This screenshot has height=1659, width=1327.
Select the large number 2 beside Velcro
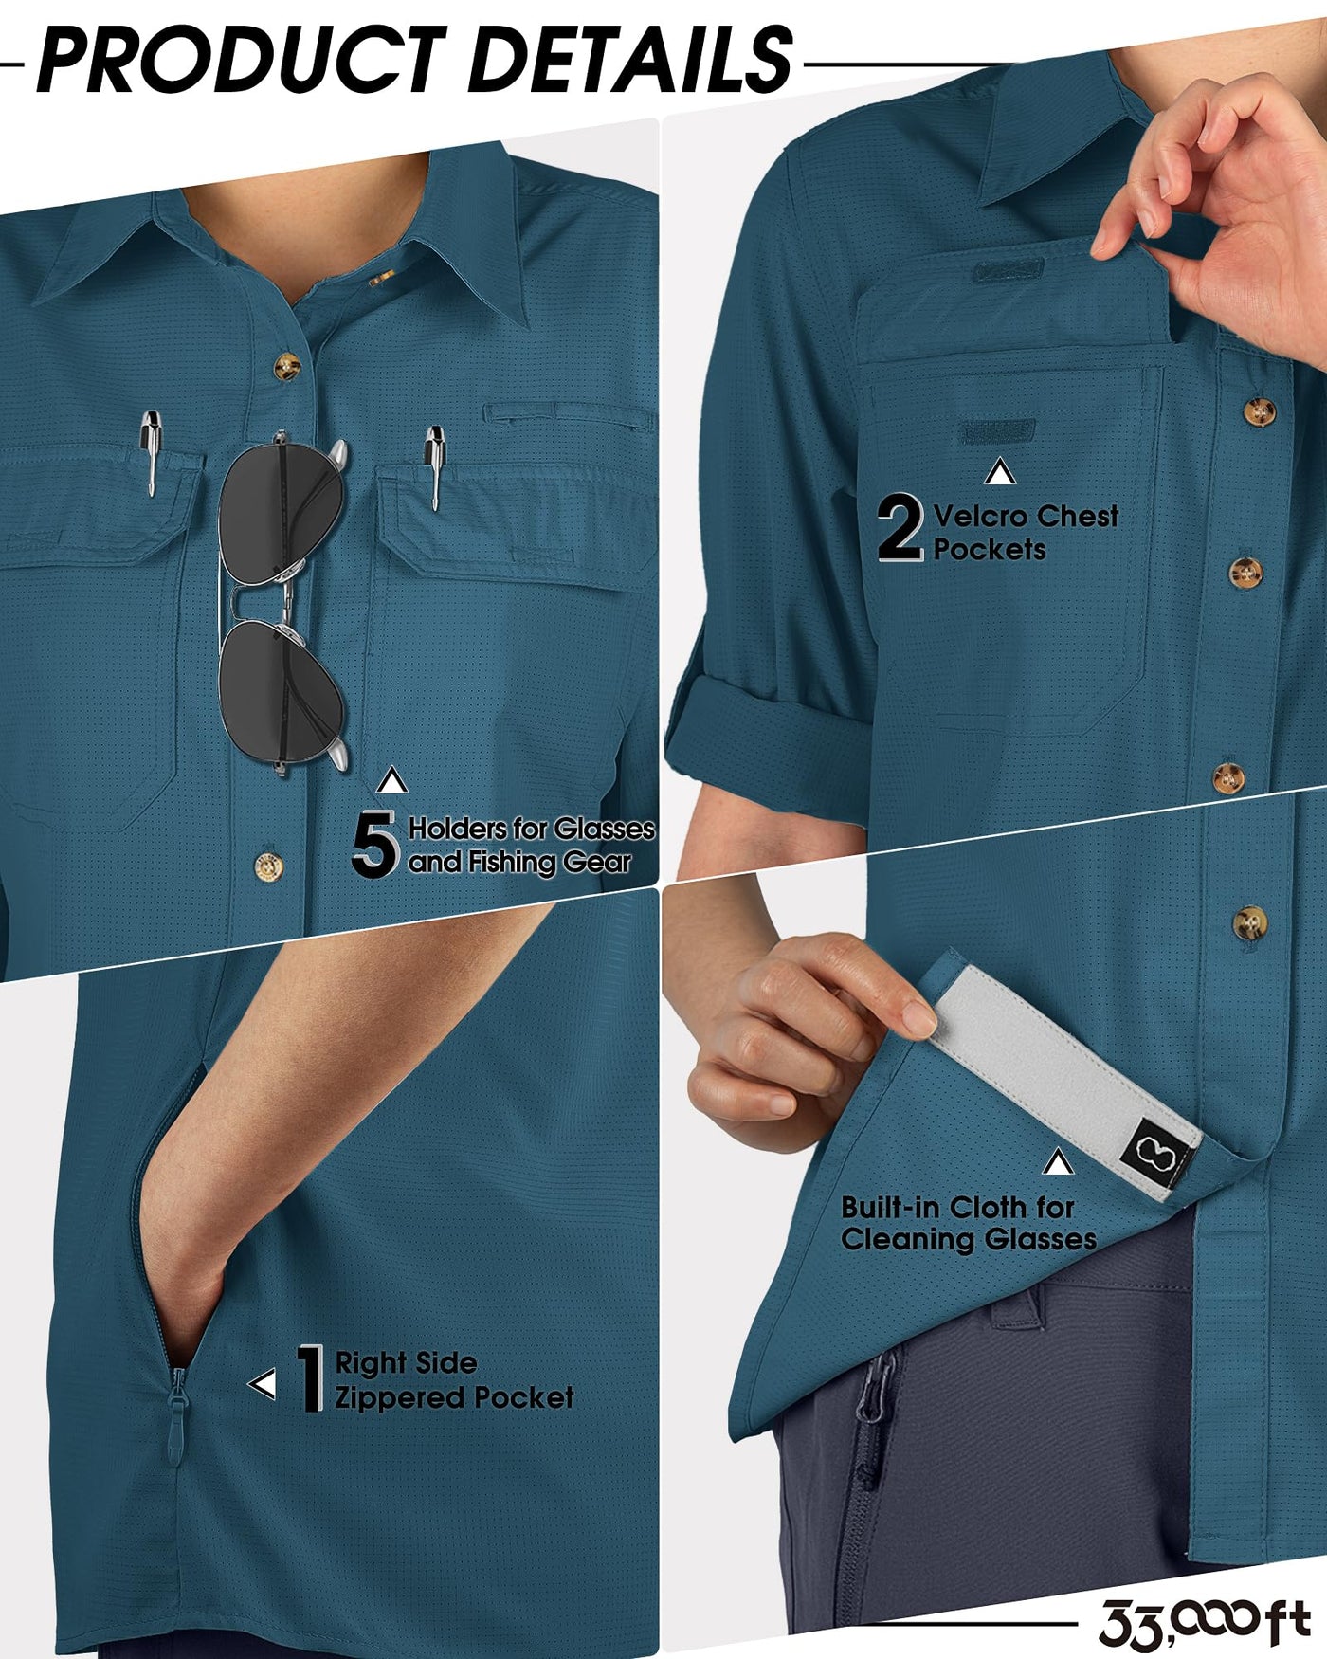[900, 527]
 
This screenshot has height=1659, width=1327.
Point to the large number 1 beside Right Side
[310, 1379]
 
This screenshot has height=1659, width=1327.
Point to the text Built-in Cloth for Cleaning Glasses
[968, 1223]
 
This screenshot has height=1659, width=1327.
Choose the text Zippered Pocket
[454, 1397]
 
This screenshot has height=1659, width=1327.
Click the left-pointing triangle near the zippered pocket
[263, 1385]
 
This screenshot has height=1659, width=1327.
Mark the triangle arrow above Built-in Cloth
[1058, 1162]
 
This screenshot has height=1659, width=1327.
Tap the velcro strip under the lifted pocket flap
[994, 432]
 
